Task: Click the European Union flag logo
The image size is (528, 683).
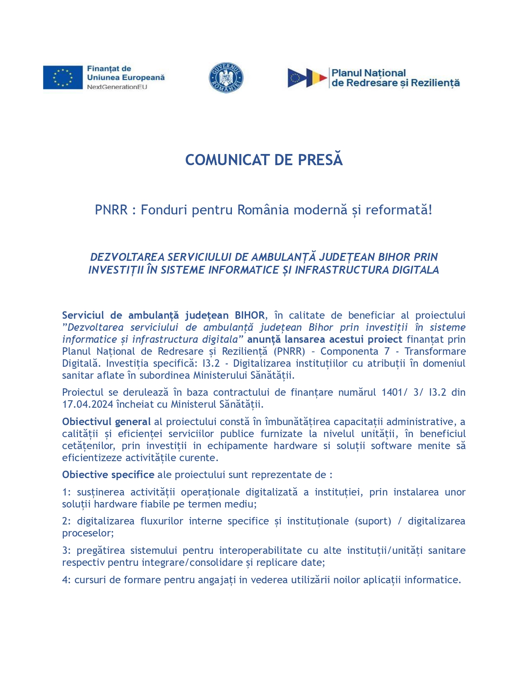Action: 63,77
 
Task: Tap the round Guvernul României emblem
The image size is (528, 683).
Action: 226,78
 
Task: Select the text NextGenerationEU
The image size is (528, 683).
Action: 117,87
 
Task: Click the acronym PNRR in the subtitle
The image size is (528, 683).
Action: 111,210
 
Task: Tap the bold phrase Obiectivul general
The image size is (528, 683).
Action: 106,422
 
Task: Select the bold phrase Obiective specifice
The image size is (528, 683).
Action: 108,475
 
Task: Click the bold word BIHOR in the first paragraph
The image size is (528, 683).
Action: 250,315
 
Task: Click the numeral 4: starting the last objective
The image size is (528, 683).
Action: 67,580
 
